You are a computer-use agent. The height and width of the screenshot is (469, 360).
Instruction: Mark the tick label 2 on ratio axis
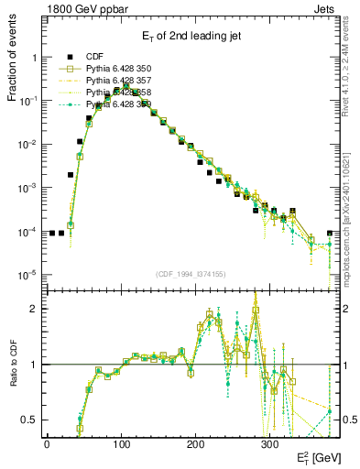[x=33, y=309]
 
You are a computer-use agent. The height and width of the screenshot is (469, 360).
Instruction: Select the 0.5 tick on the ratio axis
[x=29, y=420]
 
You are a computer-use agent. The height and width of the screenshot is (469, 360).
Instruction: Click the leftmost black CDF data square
[x=52, y=233]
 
